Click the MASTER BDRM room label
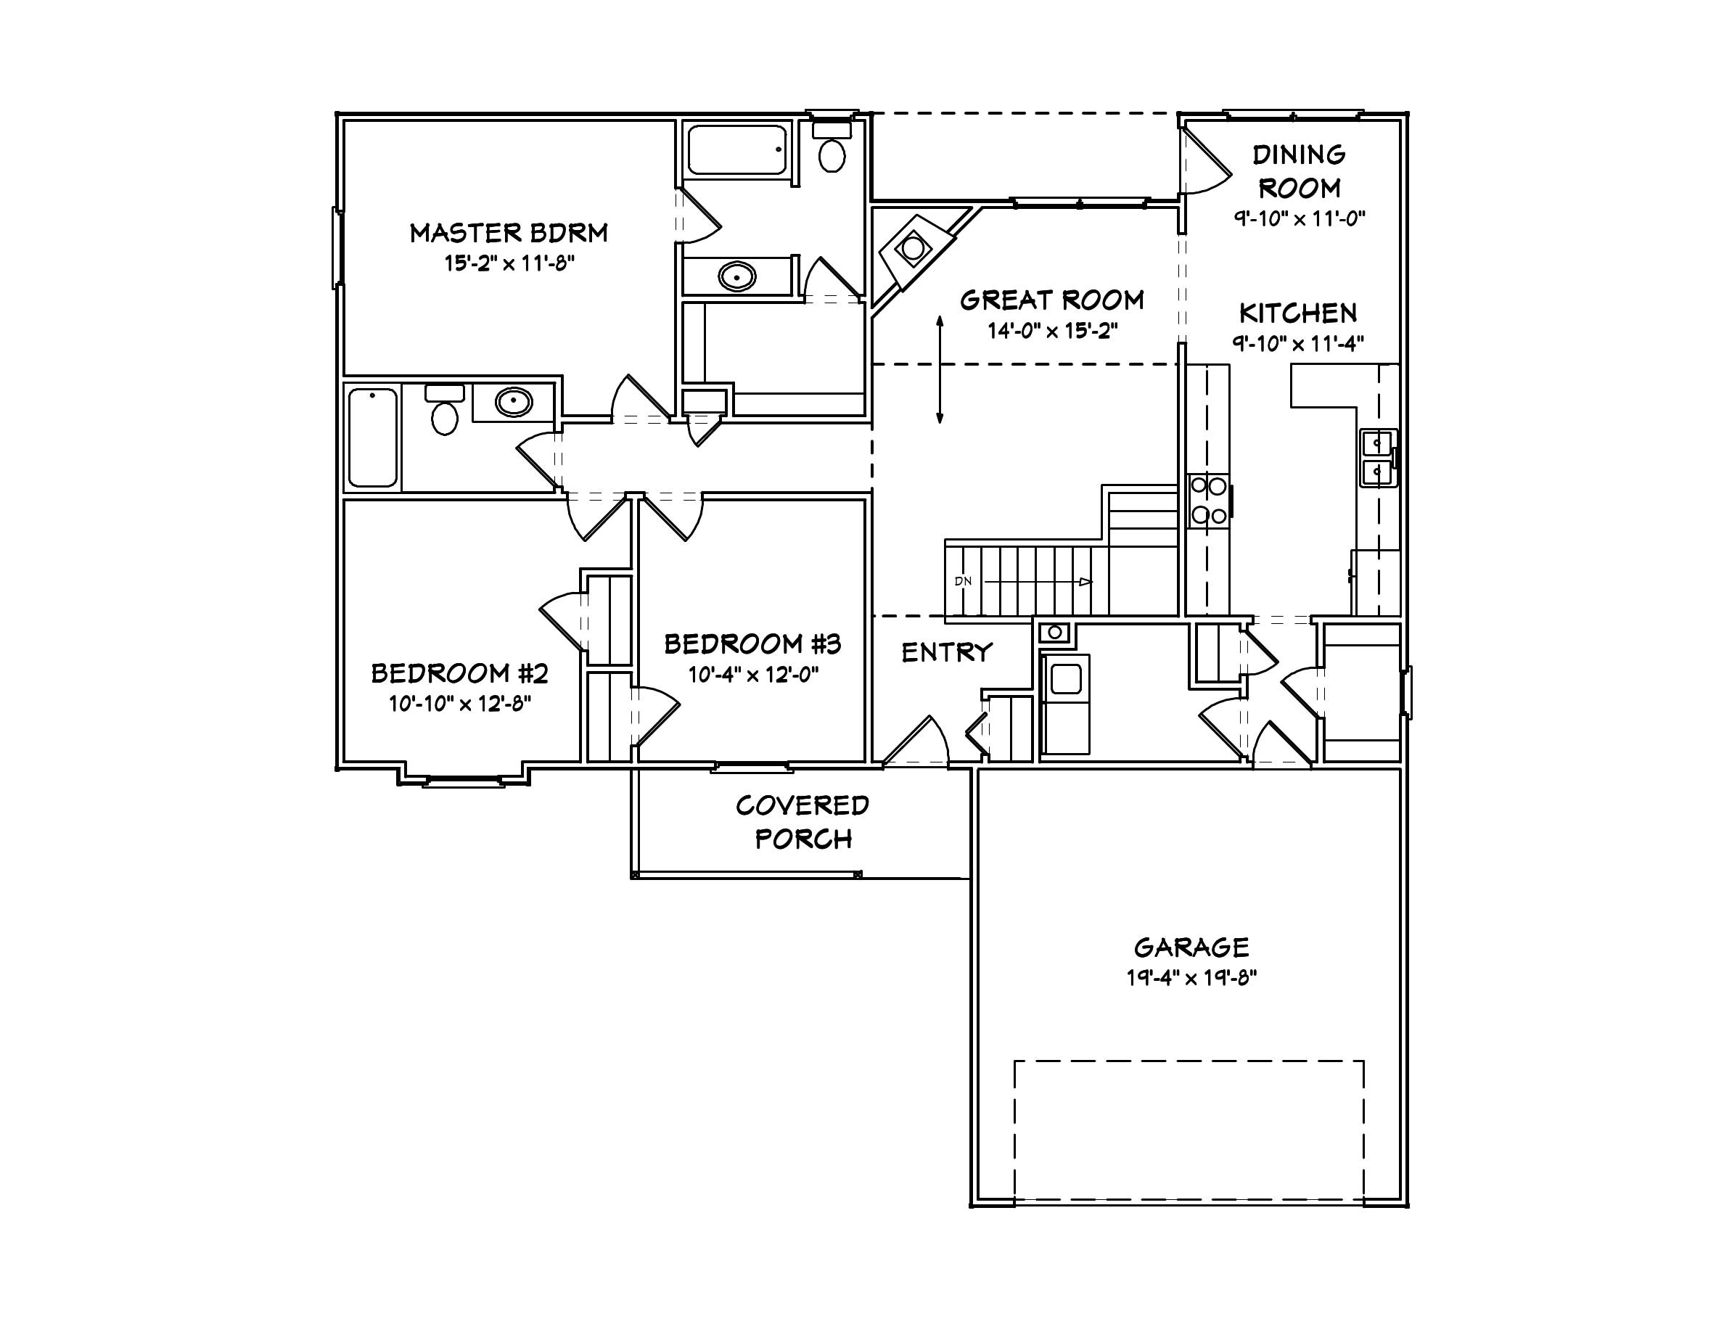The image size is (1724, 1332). (509, 233)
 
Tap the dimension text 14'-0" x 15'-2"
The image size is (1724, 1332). (1052, 331)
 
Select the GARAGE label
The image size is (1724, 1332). (1191, 947)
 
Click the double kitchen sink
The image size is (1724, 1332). (1377, 458)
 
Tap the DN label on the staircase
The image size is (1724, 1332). (963, 582)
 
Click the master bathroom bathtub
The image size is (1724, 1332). (737, 149)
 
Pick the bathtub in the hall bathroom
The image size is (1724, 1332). (372, 438)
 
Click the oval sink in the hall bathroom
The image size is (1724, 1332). (514, 403)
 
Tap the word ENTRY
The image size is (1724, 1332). (946, 653)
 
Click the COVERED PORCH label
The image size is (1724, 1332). (803, 822)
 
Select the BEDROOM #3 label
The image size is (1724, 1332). (752, 645)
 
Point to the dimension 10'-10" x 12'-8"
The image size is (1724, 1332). (459, 703)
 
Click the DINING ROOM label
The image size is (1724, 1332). (1299, 171)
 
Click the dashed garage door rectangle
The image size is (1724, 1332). (1189, 1061)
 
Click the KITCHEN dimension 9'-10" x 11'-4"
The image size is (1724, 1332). (1299, 343)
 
